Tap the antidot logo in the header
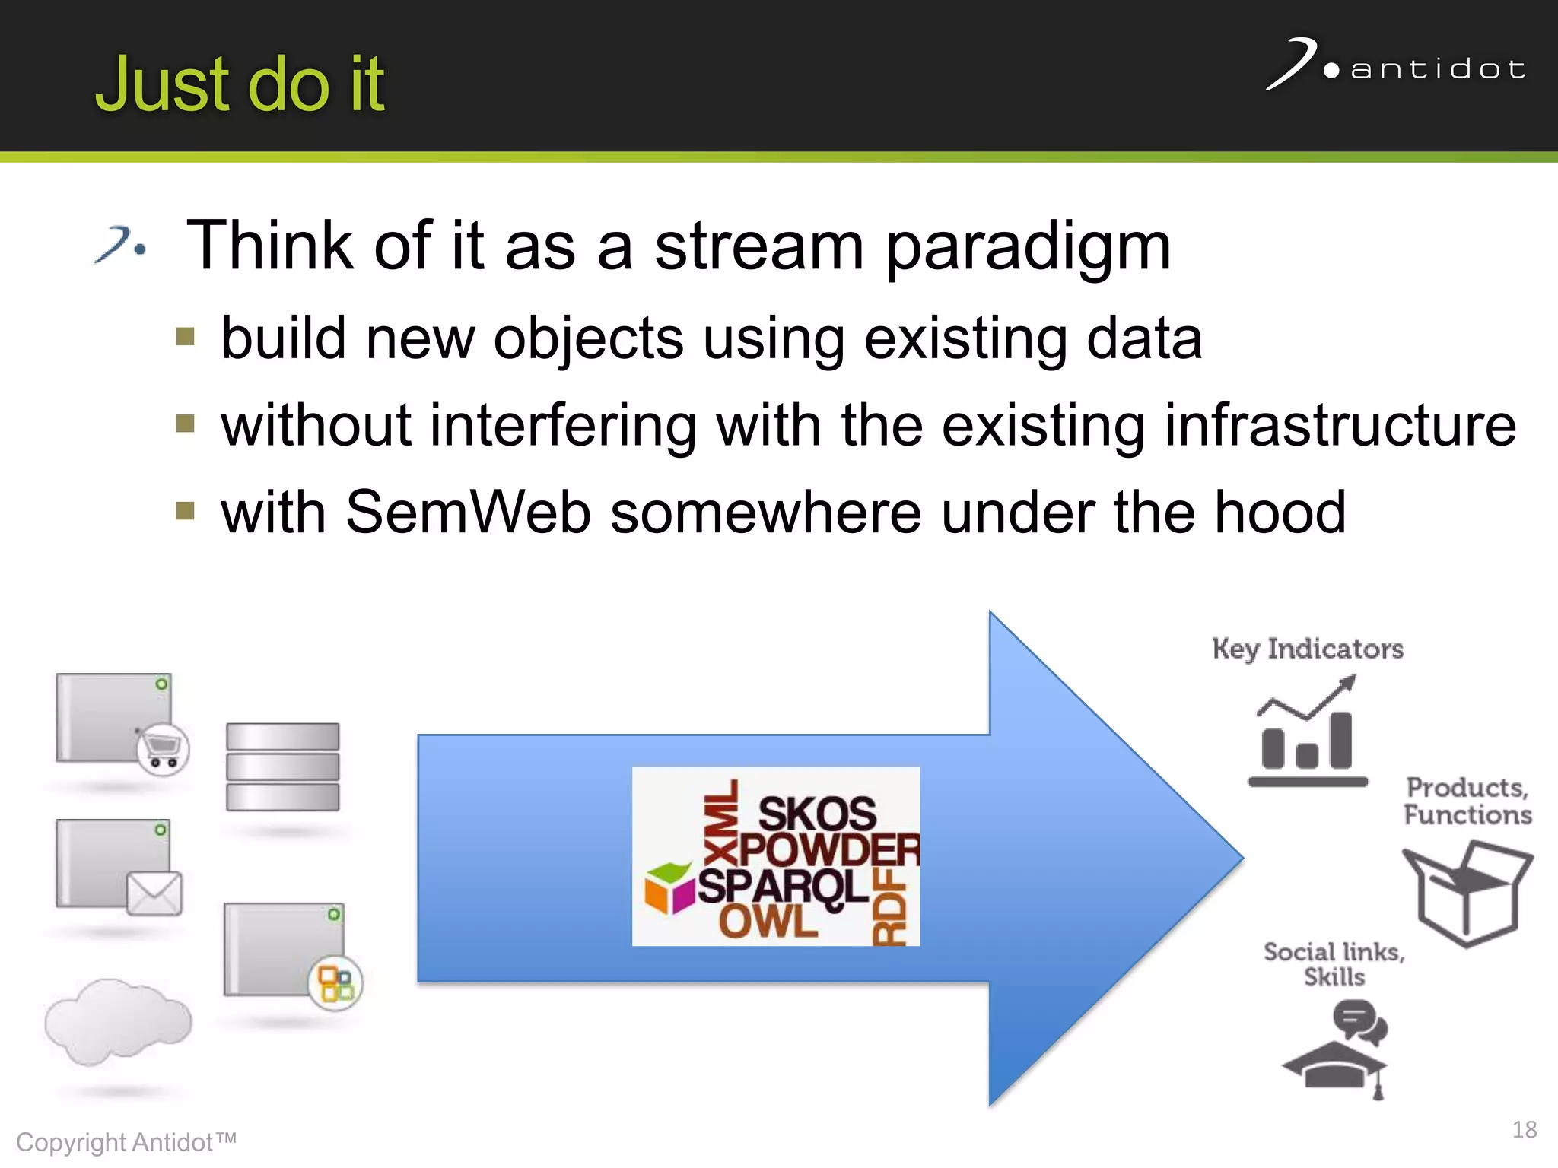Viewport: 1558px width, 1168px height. [x=1396, y=66]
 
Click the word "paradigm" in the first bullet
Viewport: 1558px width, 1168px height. [x=1028, y=246]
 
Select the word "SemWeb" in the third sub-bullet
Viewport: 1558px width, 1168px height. [x=467, y=513]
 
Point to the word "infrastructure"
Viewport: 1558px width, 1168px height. [x=1340, y=425]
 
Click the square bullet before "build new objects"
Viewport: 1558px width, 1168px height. [x=185, y=337]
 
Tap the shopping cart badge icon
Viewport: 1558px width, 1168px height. [x=163, y=749]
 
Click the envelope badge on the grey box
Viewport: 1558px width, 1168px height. [x=154, y=893]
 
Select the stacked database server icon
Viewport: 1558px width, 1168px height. [x=282, y=766]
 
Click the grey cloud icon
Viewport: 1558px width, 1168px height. [x=118, y=1021]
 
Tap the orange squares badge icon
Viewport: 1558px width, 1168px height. [x=335, y=983]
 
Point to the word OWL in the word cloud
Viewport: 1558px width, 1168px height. [x=768, y=922]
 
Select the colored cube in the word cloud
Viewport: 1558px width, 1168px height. [x=669, y=887]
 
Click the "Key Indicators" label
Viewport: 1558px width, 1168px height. [x=1308, y=649]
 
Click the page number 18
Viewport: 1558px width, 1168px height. [x=1524, y=1129]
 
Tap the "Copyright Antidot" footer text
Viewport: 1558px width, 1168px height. [x=126, y=1142]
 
